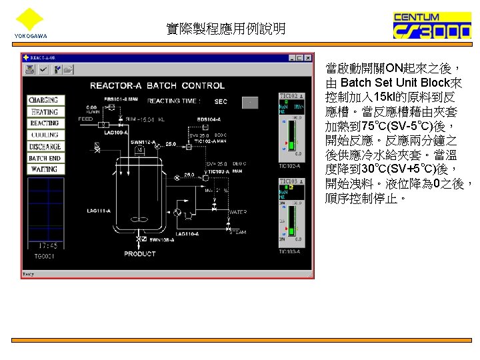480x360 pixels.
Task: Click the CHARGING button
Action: pos(44,100)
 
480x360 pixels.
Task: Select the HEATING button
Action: pos(44,111)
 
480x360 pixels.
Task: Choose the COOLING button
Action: pos(44,135)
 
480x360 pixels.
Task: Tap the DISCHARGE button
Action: pos(44,147)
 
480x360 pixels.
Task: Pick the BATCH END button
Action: pos(44,158)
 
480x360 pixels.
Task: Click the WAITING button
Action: pos(44,169)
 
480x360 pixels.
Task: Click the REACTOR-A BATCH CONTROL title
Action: pos(157,85)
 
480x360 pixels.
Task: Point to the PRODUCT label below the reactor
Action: pos(140,253)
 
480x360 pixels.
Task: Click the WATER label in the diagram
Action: pos(238,212)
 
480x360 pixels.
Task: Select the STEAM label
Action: pos(237,233)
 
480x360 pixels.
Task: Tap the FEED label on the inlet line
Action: pos(85,119)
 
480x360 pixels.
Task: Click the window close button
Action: pos(307,58)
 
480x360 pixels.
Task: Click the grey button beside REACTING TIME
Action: pos(249,102)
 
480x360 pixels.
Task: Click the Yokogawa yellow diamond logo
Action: pos(29,19)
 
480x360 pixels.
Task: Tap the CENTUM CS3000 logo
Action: pos(426,27)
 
